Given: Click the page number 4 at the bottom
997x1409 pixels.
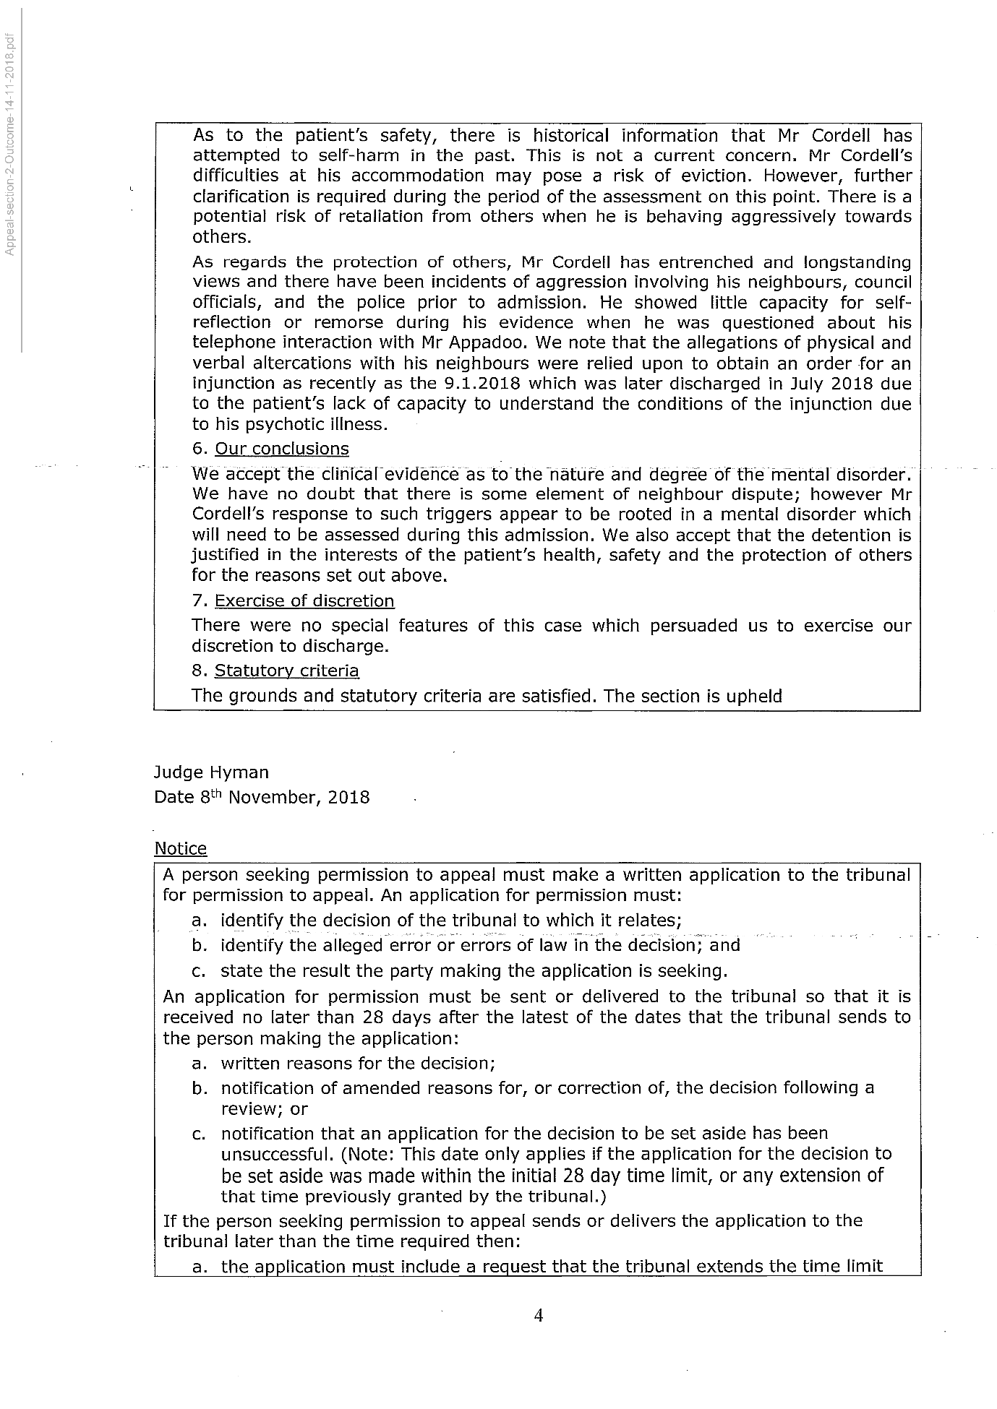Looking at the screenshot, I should tap(538, 1315).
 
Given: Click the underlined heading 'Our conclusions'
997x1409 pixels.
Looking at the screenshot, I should tap(281, 449).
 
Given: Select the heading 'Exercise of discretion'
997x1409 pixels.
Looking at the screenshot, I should tap(304, 601).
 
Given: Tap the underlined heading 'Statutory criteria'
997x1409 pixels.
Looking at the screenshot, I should tap(286, 671).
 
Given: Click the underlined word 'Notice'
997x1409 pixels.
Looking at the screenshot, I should tap(180, 848).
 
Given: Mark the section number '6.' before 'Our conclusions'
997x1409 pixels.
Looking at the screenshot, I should tap(200, 449).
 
